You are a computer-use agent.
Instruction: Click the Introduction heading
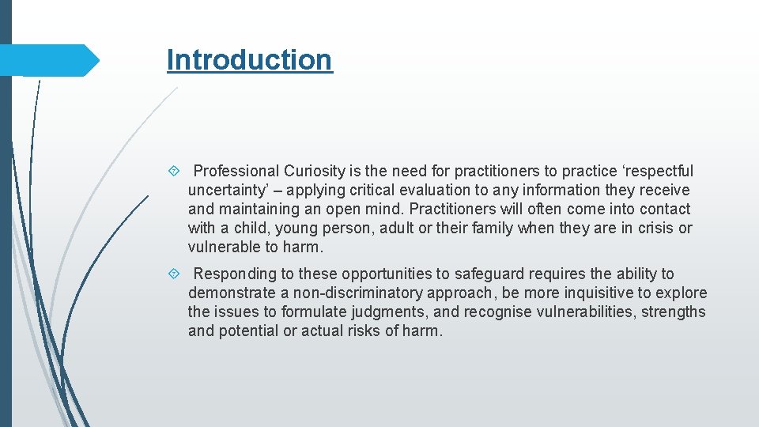click(x=250, y=59)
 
